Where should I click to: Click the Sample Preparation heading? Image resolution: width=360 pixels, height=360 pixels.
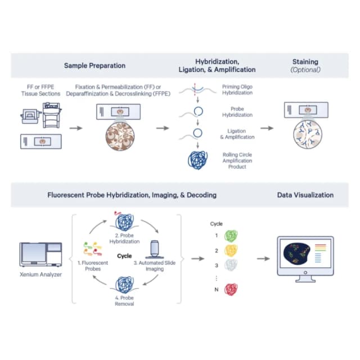click(x=94, y=66)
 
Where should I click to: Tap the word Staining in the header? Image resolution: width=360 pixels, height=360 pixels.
click(x=305, y=62)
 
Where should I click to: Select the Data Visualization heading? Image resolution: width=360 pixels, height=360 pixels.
click(x=305, y=195)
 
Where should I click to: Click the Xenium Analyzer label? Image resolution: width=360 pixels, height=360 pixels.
click(x=40, y=274)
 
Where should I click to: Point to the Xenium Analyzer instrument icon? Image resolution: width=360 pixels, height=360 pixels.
click(x=40, y=254)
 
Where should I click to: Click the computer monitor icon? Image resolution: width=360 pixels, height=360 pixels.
click(x=305, y=259)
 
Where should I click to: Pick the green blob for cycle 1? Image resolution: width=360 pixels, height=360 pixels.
click(x=231, y=236)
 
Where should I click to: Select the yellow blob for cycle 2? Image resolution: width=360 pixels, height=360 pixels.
click(x=231, y=250)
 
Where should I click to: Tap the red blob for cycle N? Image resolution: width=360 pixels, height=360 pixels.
click(x=231, y=289)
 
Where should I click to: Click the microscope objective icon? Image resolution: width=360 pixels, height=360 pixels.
click(x=155, y=250)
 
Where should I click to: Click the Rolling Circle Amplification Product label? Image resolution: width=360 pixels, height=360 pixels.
click(x=237, y=161)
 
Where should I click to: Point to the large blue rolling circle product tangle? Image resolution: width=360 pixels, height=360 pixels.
click(x=197, y=160)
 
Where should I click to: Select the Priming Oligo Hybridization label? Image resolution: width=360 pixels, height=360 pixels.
click(x=237, y=90)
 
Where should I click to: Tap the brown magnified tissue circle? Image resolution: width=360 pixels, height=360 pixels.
click(x=120, y=136)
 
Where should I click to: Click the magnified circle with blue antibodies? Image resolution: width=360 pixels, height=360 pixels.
click(x=308, y=134)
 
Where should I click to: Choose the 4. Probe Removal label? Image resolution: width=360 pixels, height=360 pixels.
click(x=124, y=301)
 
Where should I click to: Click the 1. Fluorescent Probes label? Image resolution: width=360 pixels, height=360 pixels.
click(x=93, y=265)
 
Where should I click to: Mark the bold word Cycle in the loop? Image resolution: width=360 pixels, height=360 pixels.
click(x=124, y=256)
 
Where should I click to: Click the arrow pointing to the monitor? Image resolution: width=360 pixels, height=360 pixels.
click(x=263, y=259)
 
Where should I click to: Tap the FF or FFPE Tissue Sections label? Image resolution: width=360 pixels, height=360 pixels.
click(x=40, y=90)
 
